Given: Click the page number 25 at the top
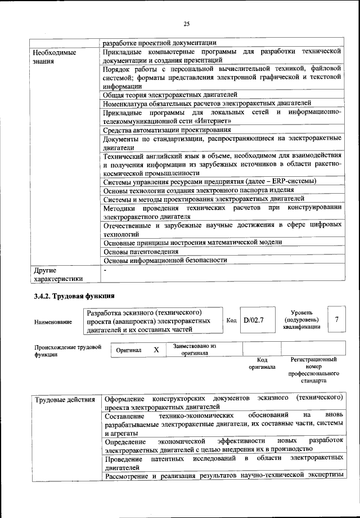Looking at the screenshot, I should coord(187,23).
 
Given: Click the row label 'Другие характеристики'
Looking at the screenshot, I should coord(58,274).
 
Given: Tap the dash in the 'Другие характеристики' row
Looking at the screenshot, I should coord(105,270).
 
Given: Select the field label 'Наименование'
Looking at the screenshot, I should coord(53,322).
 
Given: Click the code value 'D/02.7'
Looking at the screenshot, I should coord(254,320).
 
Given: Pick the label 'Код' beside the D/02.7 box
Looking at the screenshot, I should coord(231,320).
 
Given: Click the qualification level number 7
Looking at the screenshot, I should coord(336,319).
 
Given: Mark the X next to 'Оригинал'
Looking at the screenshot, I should coord(156,350).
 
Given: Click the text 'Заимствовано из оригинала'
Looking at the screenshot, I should coord(195,350).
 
